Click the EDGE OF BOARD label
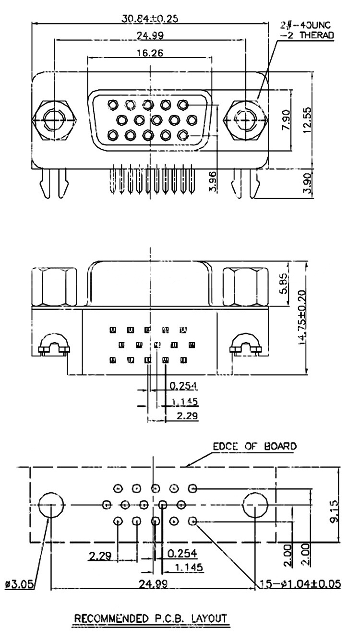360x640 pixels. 254,446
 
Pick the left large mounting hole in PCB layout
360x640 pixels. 50,505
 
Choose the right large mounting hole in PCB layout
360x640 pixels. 255,505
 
